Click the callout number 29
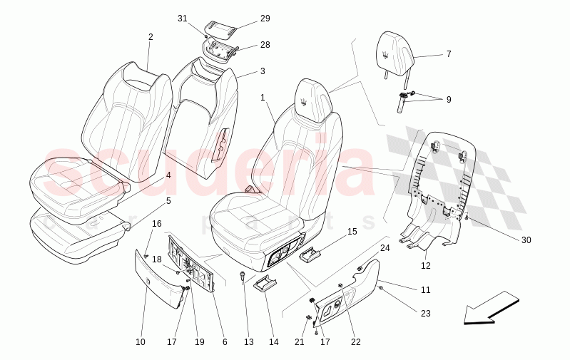pos(265,19)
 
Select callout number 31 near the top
pos(182,19)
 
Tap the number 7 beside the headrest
pos(449,54)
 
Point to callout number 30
pos(526,240)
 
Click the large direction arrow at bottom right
pos(492,307)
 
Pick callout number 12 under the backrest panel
pos(426,266)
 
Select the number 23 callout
pos(426,314)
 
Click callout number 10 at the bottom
pos(141,342)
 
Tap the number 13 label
pos(249,342)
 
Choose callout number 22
pos(356,342)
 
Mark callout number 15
pos(352,232)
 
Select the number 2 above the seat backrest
pos(151,37)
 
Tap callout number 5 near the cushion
pos(168,201)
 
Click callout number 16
pos(157,224)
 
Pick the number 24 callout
pos(385,248)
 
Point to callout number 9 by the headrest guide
pos(449,100)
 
